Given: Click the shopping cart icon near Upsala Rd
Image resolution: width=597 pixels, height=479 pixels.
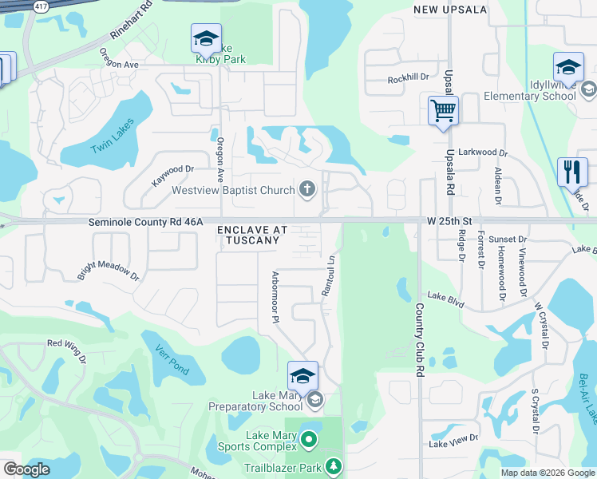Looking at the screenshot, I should (443, 110).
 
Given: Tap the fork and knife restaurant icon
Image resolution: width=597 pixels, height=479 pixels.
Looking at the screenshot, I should (571, 171).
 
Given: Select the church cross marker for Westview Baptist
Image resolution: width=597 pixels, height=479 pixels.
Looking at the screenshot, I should (307, 190).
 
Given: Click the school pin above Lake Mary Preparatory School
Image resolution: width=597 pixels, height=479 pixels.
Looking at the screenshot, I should (302, 375).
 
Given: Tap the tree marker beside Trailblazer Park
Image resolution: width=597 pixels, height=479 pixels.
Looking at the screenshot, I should (333, 465).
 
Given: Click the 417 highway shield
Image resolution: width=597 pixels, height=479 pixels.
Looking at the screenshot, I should (40, 5).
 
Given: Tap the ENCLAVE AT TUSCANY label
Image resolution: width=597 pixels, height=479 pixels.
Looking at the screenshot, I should (252, 235).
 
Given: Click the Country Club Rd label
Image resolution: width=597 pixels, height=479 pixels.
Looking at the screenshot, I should (418, 339).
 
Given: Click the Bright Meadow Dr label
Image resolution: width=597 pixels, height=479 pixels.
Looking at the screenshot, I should (109, 269).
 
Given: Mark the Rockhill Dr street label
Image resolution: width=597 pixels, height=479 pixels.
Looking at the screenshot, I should (408, 78).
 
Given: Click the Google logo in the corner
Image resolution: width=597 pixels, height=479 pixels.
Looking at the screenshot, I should (26, 470).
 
